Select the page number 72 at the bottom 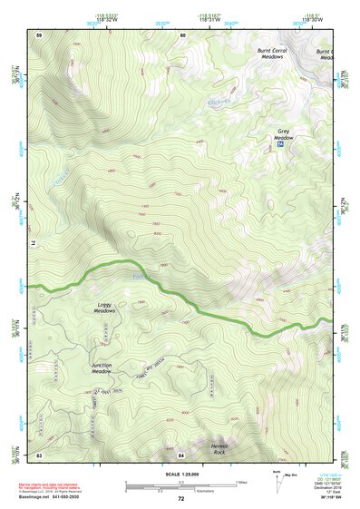pyautogui.click(x=180, y=498)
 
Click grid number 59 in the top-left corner pyautogui.click(x=39, y=34)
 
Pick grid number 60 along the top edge pyautogui.click(x=182, y=34)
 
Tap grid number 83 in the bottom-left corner pyautogui.click(x=39, y=454)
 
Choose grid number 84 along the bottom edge pyautogui.click(x=181, y=454)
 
